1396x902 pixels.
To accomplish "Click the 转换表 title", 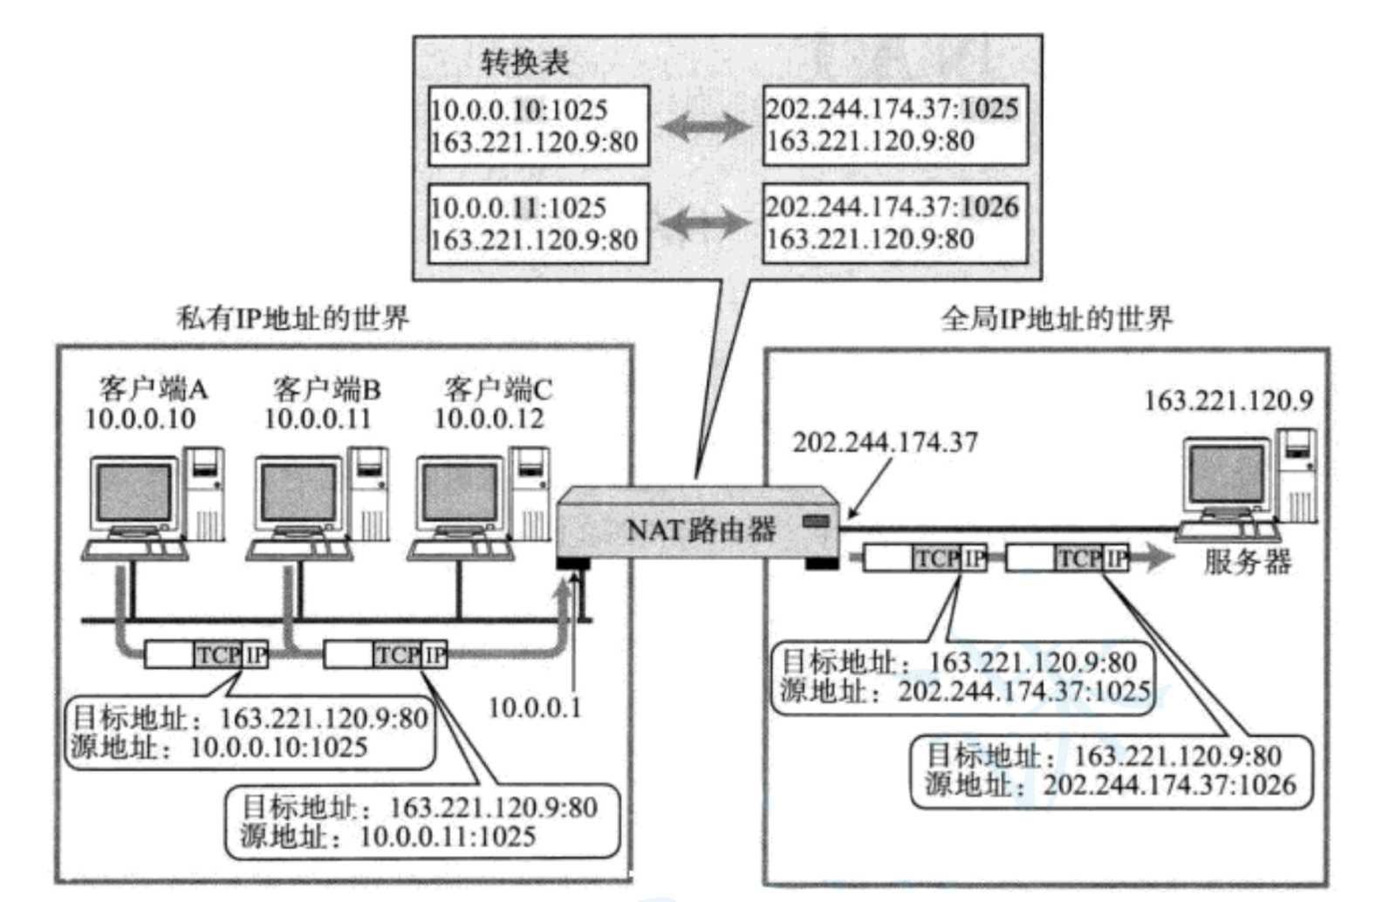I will (524, 62).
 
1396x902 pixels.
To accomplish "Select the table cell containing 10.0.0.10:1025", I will (538, 126).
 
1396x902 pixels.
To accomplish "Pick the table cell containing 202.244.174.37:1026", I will (894, 222).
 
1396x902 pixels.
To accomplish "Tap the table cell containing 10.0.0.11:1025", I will (538, 223).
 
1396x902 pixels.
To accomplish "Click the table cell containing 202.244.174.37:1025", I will (894, 125).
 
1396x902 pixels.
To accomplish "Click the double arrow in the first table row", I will (705, 127).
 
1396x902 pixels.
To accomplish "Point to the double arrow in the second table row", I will (705, 223).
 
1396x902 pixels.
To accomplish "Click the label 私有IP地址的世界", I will (292, 318).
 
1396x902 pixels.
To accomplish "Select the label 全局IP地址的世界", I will (1056, 319).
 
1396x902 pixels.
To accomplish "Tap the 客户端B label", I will (326, 388).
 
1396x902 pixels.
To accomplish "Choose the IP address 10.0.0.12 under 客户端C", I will (489, 419).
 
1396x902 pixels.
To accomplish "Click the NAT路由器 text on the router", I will (701, 529).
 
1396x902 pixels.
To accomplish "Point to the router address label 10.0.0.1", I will (534, 707).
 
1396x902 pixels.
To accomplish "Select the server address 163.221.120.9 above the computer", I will (1228, 400).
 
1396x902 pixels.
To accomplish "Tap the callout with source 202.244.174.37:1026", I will (1111, 770).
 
